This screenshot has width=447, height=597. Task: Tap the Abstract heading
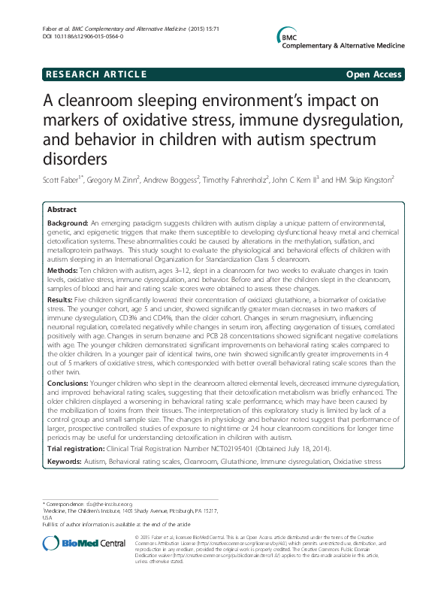click(62, 209)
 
